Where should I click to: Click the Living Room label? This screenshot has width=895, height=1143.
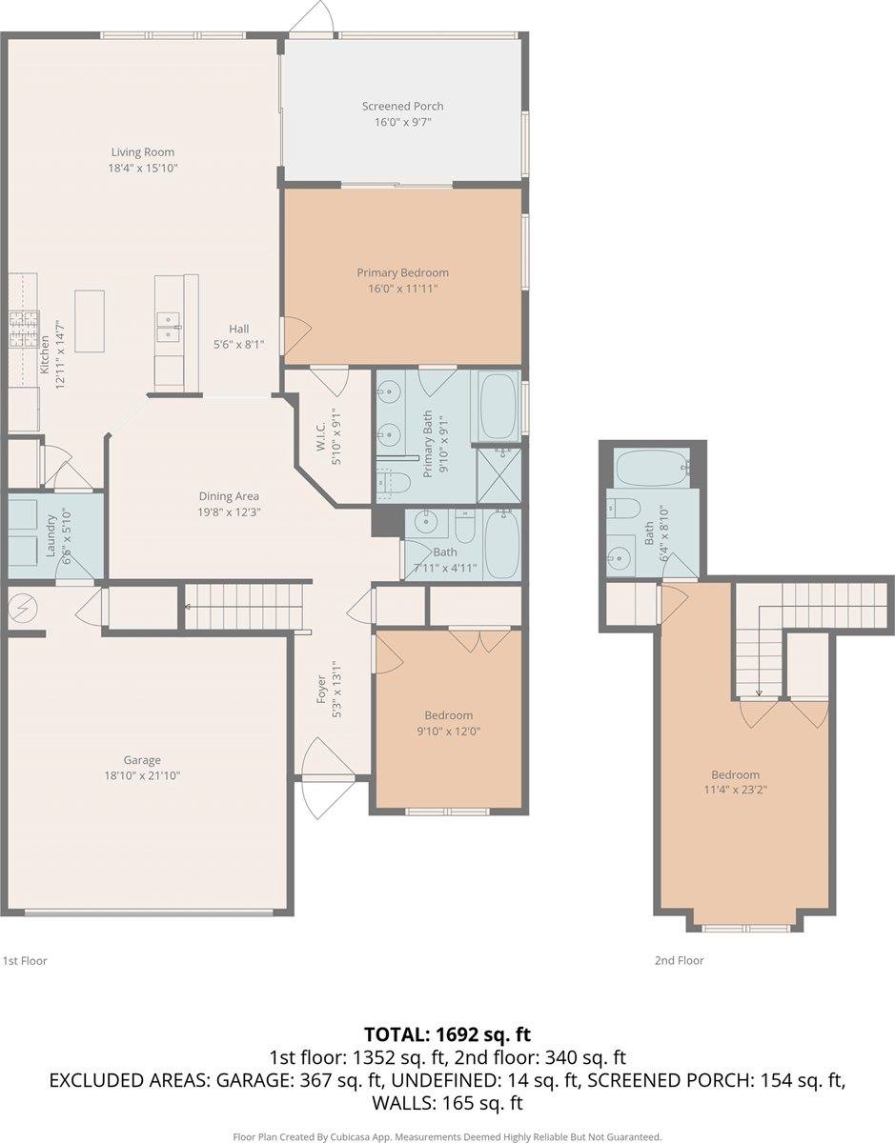[142, 152]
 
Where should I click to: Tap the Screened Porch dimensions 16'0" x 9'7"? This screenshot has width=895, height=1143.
[402, 122]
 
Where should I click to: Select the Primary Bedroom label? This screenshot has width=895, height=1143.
[402, 272]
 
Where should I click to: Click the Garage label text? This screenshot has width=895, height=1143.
[141, 760]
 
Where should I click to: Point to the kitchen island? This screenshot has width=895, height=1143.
[90, 321]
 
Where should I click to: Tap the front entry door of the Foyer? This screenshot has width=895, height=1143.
[315, 762]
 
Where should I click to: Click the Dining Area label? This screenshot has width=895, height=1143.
[229, 496]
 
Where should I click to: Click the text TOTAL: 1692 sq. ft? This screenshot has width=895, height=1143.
[447, 1033]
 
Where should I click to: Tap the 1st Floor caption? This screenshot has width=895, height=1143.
[25, 961]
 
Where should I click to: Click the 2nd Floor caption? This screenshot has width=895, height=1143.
[679, 961]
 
